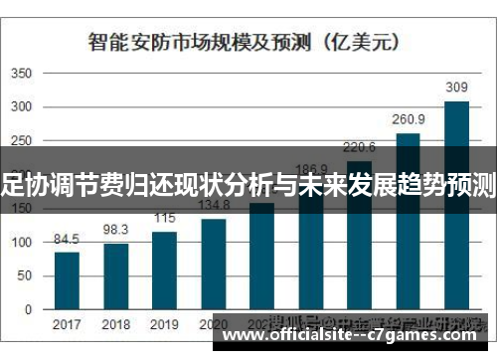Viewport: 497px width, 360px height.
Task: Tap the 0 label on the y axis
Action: click(x=28, y=309)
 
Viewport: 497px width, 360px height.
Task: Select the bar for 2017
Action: click(x=67, y=280)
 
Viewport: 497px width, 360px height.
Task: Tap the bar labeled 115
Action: click(x=164, y=270)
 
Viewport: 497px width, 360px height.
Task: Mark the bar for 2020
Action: click(x=214, y=264)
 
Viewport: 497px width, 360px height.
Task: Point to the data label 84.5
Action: click(x=67, y=240)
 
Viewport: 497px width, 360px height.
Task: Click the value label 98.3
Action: click(x=116, y=230)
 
